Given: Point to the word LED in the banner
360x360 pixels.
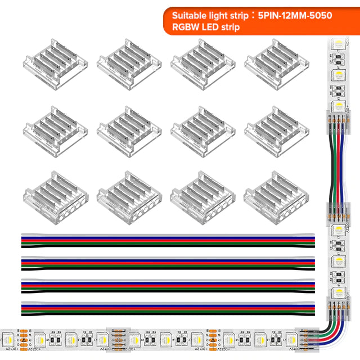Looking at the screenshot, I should tap(213, 26).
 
